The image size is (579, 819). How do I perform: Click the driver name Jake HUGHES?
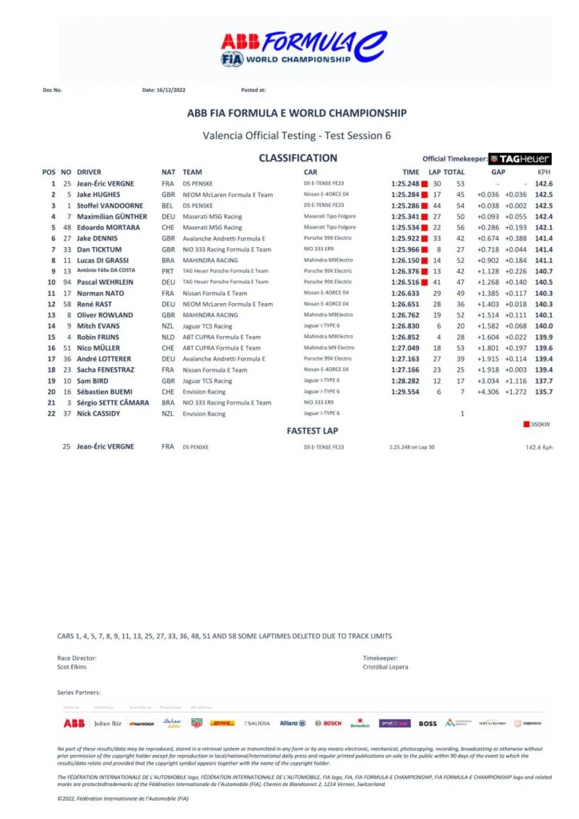click(98, 194)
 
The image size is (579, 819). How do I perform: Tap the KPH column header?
click(544, 172)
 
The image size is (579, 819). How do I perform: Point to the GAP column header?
click(498, 172)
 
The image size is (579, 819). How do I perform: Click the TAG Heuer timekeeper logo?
click(520, 158)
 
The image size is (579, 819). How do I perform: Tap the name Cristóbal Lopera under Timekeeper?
click(386, 667)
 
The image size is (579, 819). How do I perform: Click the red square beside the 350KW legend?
click(525, 424)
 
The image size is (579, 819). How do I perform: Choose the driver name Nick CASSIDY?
click(98, 413)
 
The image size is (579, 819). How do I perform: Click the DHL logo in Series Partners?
click(222, 723)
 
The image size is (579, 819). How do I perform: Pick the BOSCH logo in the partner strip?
click(328, 723)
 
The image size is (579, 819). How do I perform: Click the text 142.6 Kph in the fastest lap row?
click(538, 447)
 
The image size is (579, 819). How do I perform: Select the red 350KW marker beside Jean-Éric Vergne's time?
click(425, 184)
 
